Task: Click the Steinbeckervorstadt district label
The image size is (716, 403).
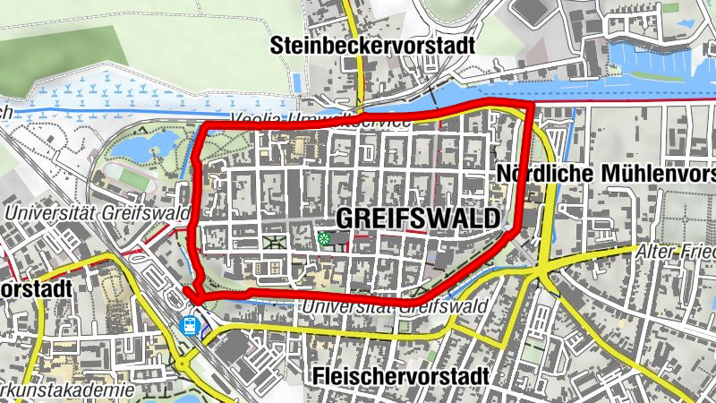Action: click(x=374, y=45)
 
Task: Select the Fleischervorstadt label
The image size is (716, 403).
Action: click(x=402, y=377)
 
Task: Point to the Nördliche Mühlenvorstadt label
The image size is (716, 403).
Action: click(x=605, y=173)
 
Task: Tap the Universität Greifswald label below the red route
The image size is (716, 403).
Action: click(x=394, y=307)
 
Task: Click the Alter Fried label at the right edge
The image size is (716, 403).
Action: click(x=676, y=253)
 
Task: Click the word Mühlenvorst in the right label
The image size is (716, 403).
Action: click(x=653, y=173)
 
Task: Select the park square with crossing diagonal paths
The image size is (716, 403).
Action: click(x=273, y=242)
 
